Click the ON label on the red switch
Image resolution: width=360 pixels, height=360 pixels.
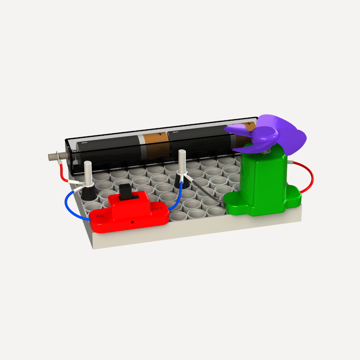point(100,216)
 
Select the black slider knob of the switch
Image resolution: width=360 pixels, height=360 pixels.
point(126,192)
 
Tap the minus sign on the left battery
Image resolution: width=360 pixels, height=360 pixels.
point(84,143)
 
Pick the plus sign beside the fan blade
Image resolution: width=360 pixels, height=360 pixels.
point(248,124)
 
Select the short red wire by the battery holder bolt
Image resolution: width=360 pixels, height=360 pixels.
point(63,175)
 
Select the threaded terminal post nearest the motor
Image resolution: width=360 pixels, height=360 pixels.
point(182,161)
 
